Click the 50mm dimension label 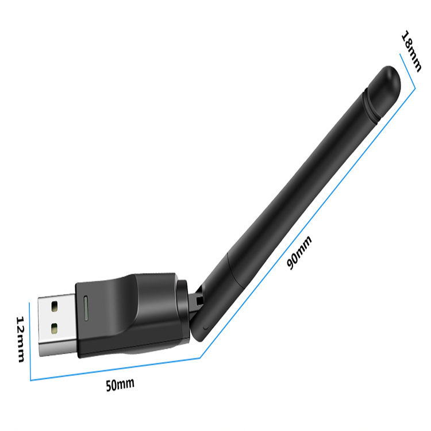tap(120, 384)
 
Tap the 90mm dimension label tap(299, 252)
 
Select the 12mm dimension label tap(20, 339)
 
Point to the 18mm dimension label tap(411, 51)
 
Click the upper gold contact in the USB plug tap(55, 306)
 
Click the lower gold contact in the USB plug tap(55, 328)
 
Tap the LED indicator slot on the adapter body tap(86, 308)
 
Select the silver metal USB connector tap(57, 325)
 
